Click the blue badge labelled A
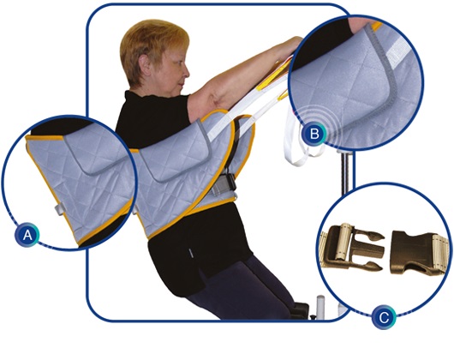coord(27,235)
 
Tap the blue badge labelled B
coord(314,134)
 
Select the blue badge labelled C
coord(384,318)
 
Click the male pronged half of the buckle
coord(353,248)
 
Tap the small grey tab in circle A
coord(59,209)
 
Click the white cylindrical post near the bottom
coord(320,306)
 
